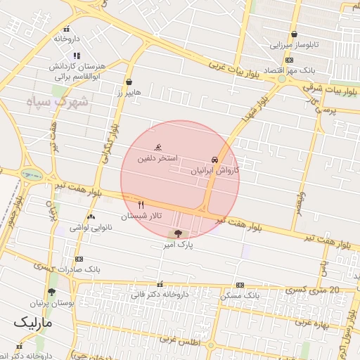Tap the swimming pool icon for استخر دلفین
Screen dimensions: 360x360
(160, 148)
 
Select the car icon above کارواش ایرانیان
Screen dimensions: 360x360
(214, 160)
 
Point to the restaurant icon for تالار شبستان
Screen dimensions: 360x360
(141, 205)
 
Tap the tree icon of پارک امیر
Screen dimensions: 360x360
(176, 233)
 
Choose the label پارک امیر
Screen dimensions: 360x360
(176, 245)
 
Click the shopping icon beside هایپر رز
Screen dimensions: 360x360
(129, 82)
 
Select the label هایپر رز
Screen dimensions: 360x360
(129, 92)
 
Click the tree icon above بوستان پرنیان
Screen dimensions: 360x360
(51, 292)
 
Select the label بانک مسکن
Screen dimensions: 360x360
(240, 296)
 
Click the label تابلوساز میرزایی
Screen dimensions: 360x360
(294, 44)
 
